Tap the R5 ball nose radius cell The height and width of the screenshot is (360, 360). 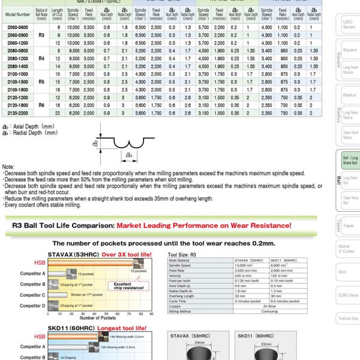coord(41,81)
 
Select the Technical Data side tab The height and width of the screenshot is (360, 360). coord(348,319)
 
